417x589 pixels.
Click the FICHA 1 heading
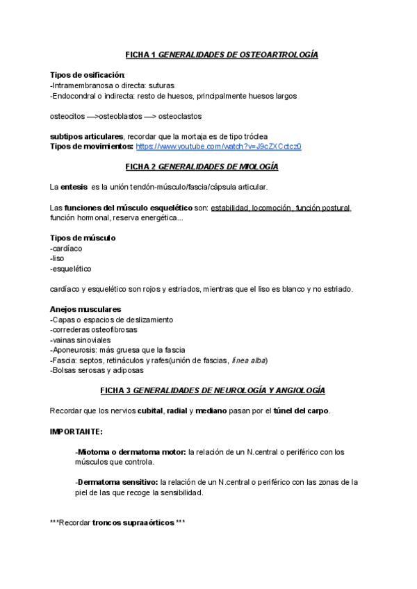tap(222, 54)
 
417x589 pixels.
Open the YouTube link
tap(218, 147)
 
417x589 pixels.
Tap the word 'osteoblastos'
tap(120, 116)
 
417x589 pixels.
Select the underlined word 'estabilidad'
tap(229, 208)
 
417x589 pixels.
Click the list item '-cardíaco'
tap(67, 248)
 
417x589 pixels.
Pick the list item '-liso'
tap(58, 258)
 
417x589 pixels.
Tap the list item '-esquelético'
tap(71, 268)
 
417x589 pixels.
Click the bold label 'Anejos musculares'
tap(85, 309)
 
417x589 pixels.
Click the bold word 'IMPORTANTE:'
tap(76, 431)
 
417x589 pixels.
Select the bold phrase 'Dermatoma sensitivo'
tap(117, 481)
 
